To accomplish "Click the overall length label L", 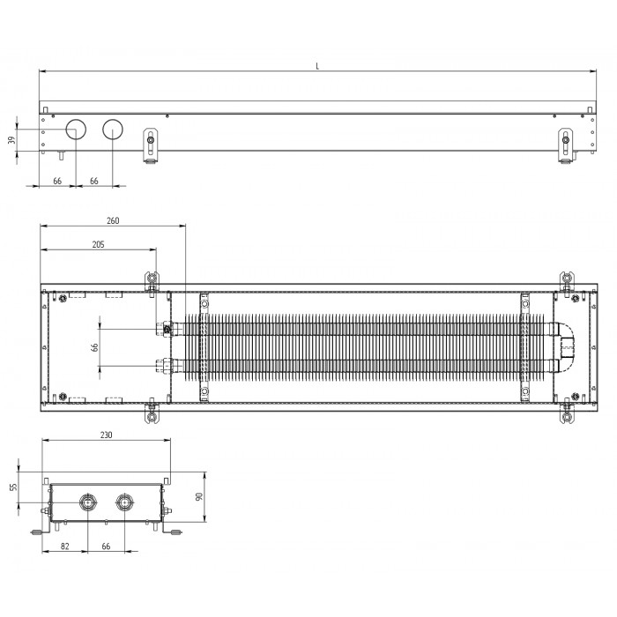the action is (317, 66).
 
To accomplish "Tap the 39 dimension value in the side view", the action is (11, 139).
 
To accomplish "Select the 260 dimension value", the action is (113, 220).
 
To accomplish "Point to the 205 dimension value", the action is (99, 244).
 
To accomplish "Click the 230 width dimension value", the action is (107, 435).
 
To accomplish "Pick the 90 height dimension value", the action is (199, 496).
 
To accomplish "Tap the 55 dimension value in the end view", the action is (14, 487).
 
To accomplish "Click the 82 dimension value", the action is (65, 546).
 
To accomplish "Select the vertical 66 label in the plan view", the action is (94, 347).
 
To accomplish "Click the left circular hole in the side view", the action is (76, 129).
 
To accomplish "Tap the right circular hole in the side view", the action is (113, 129).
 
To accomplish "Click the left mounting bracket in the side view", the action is (150, 145).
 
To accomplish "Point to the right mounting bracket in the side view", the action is (566, 145).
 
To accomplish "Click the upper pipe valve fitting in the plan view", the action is (167, 328).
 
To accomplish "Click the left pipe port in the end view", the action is (87, 502).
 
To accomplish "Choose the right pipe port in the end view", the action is (124, 502).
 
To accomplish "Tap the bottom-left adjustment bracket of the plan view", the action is (152, 412).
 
